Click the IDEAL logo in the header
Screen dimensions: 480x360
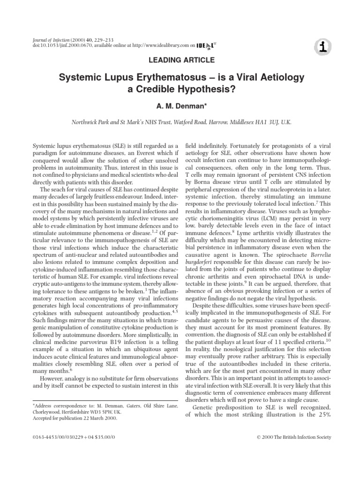click(x=205, y=46)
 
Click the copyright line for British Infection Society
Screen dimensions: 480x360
click(x=294, y=437)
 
